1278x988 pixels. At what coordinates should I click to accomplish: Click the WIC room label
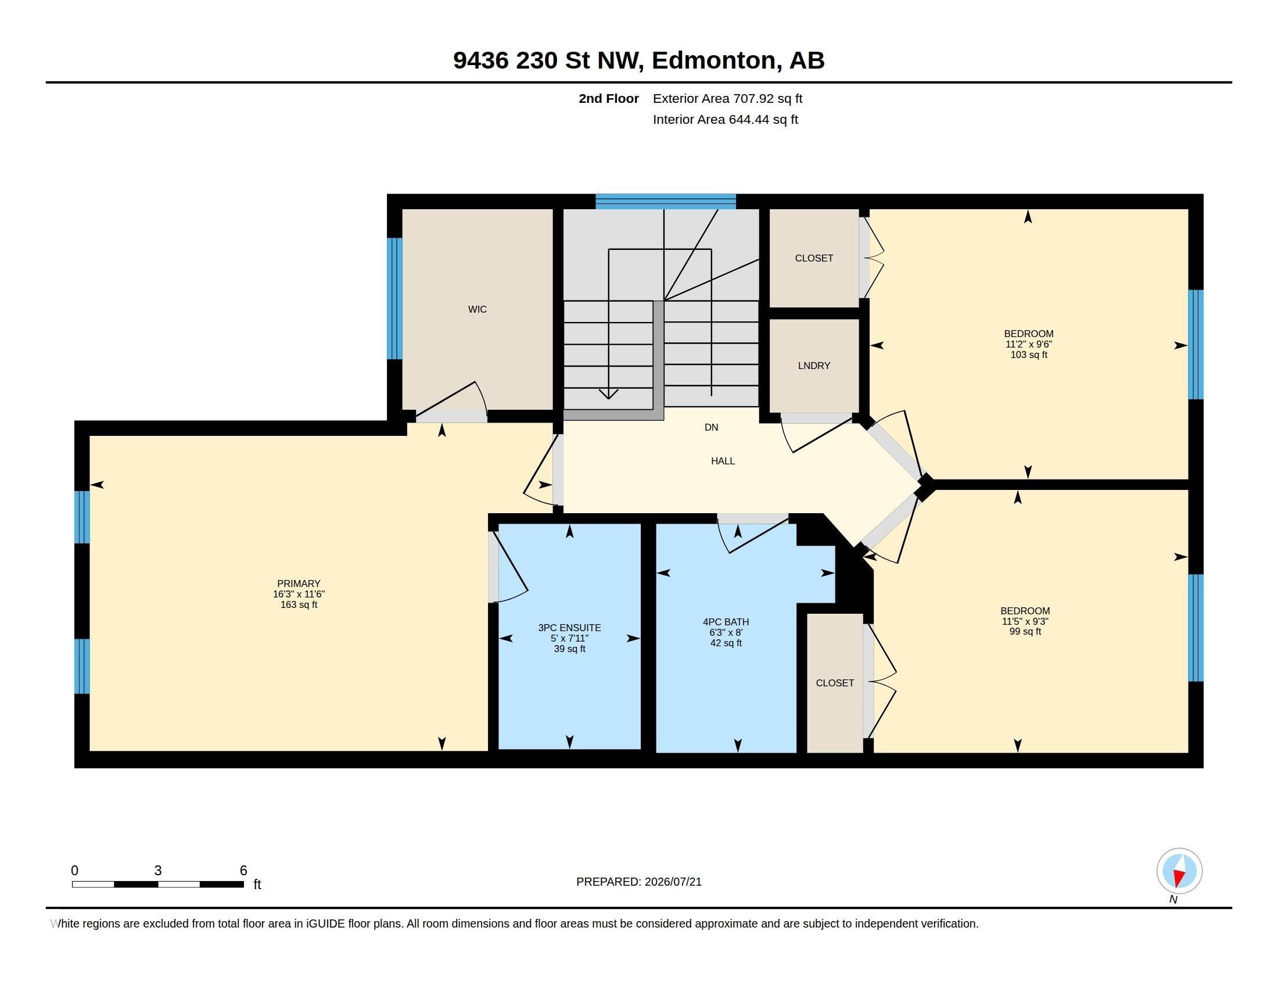click(477, 309)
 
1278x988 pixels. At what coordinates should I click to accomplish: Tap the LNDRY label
click(814, 366)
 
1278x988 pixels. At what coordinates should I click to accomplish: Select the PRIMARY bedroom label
click(299, 584)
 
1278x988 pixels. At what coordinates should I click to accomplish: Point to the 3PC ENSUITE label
click(569, 628)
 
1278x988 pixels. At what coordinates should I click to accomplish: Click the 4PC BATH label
click(726, 622)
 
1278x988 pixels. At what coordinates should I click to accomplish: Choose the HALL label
click(723, 461)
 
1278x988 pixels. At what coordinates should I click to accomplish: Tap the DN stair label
click(711, 427)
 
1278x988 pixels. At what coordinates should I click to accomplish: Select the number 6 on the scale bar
click(243, 871)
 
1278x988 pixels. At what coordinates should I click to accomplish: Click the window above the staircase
click(665, 201)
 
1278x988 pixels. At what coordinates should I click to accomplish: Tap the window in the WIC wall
click(395, 299)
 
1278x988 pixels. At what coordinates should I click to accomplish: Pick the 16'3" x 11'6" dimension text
click(299, 594)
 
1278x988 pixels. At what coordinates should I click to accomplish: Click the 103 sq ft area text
click(1029, 355)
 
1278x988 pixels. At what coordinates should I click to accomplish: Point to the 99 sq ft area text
click(1025, 632)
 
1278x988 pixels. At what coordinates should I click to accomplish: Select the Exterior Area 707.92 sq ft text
click(727, 98)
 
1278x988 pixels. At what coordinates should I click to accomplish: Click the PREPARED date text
click(638, 882)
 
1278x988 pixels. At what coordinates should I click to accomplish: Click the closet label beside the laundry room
click(814, 258)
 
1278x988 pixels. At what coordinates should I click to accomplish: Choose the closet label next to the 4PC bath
click(835, 683)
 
